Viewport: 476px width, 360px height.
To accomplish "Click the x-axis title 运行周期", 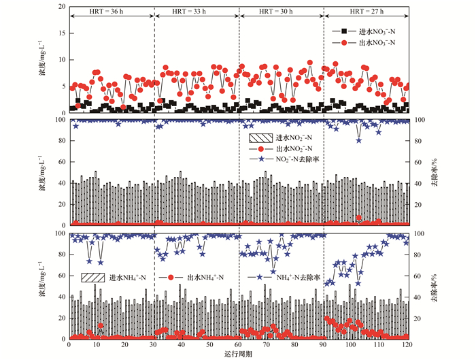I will tap(238, 355).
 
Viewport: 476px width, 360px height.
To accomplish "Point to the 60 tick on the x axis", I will tap(239, 345).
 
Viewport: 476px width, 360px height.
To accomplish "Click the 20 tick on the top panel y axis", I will tap(62, 7).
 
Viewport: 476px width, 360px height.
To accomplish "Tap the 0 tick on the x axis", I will tap(69, 345).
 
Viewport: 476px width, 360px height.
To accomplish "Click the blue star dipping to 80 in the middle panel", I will tap(359, 140).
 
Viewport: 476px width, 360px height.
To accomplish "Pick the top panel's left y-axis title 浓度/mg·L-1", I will tap(43, 59).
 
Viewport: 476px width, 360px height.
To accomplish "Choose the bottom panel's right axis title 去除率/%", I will tap(432, 286).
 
